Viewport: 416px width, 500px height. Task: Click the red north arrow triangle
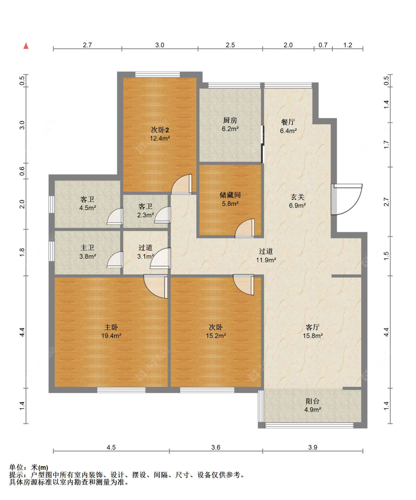[26, 46]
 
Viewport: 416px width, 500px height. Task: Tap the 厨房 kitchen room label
[230, 120]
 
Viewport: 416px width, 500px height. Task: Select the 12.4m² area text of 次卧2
[160, 138]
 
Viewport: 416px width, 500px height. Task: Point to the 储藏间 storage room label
[230, 195]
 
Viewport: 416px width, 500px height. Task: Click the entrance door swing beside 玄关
[347, 199]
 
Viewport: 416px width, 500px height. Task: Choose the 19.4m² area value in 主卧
[111, 335]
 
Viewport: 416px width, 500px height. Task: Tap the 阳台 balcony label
[312, 401]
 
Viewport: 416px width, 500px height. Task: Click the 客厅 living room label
[312, 327]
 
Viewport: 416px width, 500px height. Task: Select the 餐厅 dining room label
[288, 122]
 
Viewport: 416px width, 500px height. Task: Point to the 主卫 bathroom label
[87, 248]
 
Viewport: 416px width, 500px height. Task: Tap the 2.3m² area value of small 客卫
[145, 215]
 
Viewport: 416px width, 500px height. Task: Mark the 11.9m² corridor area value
[266, 260]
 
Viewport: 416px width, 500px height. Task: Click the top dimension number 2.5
[230, 45]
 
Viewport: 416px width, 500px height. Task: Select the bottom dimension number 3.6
[216, 447]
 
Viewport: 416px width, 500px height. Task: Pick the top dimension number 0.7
[323, 45]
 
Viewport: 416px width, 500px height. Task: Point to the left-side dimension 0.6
[22, 171]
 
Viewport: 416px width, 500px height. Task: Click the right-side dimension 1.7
[386, 144]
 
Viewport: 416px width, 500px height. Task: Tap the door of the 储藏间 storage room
[244, 228]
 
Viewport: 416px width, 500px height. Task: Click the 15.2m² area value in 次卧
[216, 335]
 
